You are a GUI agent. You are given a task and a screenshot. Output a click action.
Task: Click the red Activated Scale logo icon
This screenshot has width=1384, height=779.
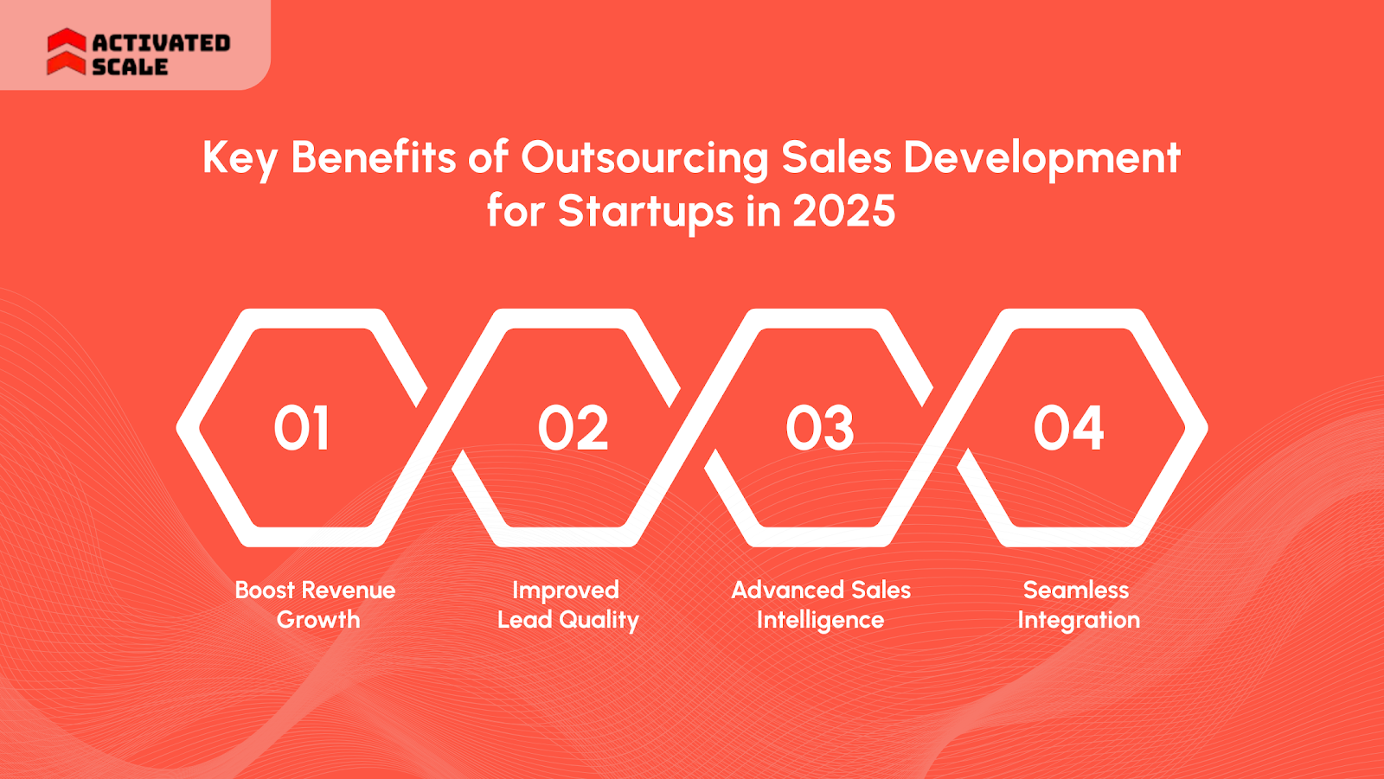pos(67,52)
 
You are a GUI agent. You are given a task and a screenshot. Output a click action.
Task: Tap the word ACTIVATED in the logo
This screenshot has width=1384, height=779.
pos(161,42)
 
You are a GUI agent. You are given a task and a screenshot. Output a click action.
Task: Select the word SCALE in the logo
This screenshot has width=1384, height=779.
pos(130,67)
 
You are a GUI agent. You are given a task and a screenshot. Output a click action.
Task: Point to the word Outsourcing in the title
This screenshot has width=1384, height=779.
pos(644,158)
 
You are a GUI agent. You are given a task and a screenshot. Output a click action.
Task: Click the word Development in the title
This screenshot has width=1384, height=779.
pos(1041,158)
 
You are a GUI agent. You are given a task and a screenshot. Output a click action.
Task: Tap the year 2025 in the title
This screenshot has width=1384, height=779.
pos(843,211)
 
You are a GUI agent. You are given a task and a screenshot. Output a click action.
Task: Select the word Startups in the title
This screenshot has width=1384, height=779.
pos(645,212)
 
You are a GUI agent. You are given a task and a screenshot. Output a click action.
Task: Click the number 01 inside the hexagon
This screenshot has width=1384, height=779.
pos(302,428)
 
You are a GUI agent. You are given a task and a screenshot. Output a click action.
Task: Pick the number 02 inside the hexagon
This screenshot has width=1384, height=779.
pos(573,428)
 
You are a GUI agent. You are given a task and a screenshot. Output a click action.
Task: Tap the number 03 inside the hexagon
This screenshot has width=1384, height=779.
pos(820,428)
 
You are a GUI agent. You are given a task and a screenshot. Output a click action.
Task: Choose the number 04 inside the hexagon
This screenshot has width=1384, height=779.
pos(1069,428)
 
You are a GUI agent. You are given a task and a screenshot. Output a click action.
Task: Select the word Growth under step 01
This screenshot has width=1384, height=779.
pos(318,620)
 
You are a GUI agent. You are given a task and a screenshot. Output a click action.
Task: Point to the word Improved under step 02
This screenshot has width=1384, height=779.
pos(566,591)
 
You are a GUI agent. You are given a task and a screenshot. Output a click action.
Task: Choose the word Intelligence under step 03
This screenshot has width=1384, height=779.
pos(820,621)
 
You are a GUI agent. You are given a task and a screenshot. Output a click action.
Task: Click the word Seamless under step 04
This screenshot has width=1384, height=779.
pos(1076,590)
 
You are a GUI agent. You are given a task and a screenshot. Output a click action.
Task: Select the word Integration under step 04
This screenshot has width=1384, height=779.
pos(1079,621)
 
